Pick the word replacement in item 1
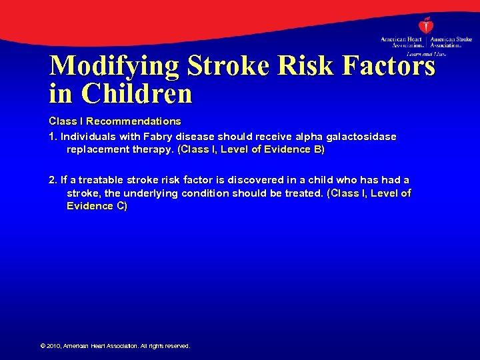click(x=97, y=149)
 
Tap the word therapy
click(x=153, y=149)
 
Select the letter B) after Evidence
click(x=319, y=149)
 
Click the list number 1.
click(x=52, y=136)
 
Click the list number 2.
click(x=52, y=180)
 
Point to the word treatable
click(x=103, y=180)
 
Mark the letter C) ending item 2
click(x=121, y=206)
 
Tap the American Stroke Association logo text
click(x=451, y=43)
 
